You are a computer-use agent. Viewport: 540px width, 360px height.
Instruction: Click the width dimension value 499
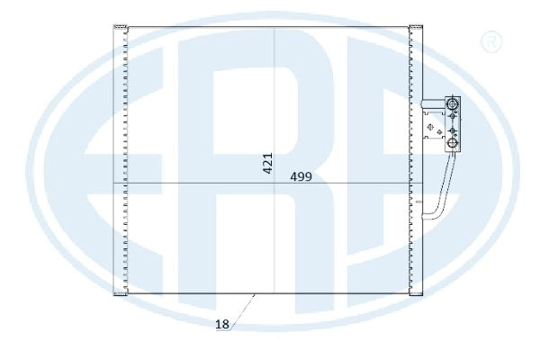pos(301,177)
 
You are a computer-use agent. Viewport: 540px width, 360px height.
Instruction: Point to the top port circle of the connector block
pos(451,106)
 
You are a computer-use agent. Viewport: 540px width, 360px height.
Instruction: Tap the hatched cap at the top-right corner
pos(416,28)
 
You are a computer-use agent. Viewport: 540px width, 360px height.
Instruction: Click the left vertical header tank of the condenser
pos(118,162)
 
